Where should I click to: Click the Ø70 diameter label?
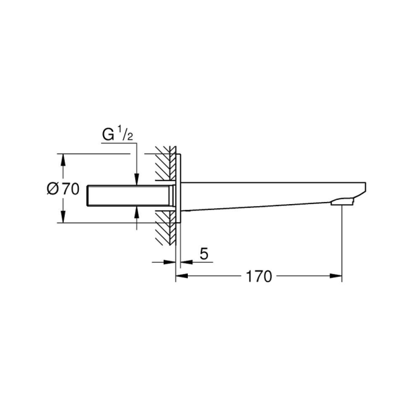63,189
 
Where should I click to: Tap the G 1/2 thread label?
117,135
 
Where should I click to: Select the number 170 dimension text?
259,277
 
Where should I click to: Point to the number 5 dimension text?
204,254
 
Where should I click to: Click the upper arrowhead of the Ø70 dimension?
63,160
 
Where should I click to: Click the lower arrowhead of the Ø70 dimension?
63,216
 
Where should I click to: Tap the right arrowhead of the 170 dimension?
336,276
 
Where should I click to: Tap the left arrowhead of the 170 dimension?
182,276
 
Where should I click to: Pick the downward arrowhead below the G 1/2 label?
137,179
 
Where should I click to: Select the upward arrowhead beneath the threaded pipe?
137,212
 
